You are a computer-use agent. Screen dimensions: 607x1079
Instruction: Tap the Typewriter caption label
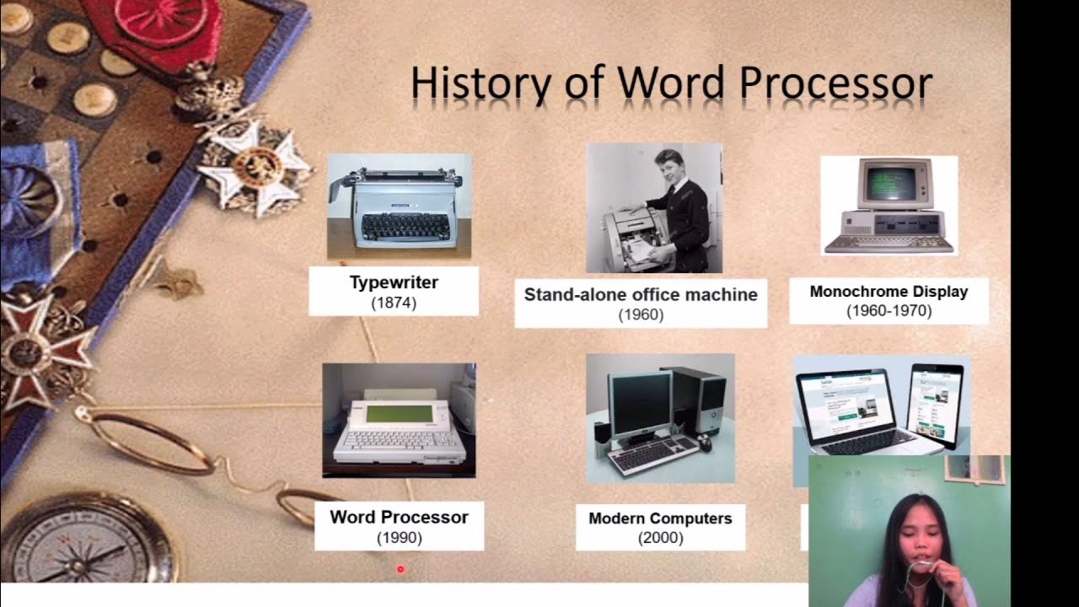pyautogui.click(x=394, y=282)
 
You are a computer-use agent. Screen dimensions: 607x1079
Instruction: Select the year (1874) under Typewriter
pyautogui.click(x=394, y=303)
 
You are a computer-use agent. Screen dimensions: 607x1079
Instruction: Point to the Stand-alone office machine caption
pyautogui.click(x=641, y=294)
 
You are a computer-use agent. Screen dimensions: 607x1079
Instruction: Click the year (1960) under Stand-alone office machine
pyautogui.click(x=641, y=315)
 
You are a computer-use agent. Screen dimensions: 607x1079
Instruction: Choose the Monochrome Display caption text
pyautogui.click(x=888, y=292)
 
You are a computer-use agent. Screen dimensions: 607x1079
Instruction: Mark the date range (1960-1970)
pyautogui.click(x=888, y=311)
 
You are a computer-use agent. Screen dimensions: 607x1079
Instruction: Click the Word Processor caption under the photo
pyautogui.click(x=399, y=517)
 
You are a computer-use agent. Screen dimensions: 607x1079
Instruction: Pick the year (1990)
pyautogui.click(x=399, y=537)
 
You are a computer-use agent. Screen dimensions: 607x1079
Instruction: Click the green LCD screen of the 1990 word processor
pyautogui.click(x=399, y=414)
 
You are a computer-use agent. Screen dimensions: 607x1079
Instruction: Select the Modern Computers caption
pyautogui.click(x=660, y=518)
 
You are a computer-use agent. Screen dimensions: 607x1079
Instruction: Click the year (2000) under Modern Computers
pyautogui.click(x=660, y=538)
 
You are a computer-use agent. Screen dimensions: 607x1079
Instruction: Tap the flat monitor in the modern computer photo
pyautogui.click(x=640, y=404)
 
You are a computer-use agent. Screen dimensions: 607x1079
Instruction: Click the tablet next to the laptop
pyautogui.click(x=934, y=405)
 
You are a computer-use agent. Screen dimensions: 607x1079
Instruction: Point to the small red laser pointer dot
pyautogui.click(x=400, y=569)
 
